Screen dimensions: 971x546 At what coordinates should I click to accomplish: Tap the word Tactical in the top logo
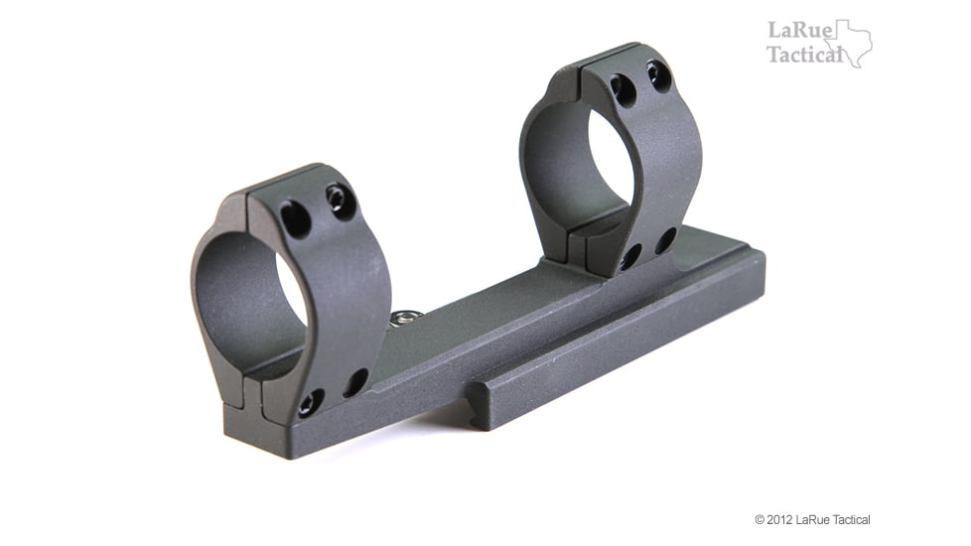805,55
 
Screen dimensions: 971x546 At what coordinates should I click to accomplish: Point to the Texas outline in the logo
850,44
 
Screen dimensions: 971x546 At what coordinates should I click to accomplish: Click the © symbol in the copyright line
760,520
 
